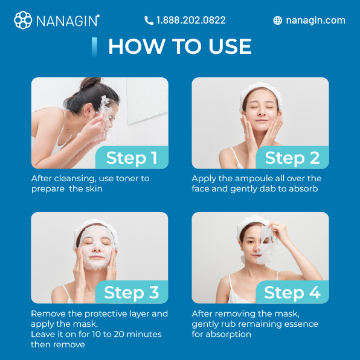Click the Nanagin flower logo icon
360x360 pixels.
pos(23,20)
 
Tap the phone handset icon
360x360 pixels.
pos(149,21)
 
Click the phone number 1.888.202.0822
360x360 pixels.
pos(191,20)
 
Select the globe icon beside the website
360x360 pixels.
pos(278,21)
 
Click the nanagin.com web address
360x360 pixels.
pos(315,21)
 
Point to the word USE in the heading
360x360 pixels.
pos(230,46)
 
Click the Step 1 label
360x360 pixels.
pos(132,158)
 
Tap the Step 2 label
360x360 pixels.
pos(292,158)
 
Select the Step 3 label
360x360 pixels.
pos(131,292)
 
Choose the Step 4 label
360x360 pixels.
pos(292,292)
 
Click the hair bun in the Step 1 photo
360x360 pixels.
pos(90,83)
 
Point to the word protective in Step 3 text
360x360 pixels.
pos(106,313)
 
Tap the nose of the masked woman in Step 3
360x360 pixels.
pos(97,248)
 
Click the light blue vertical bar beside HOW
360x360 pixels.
pos(94,47)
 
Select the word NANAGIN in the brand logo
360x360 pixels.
pos(68,21)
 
